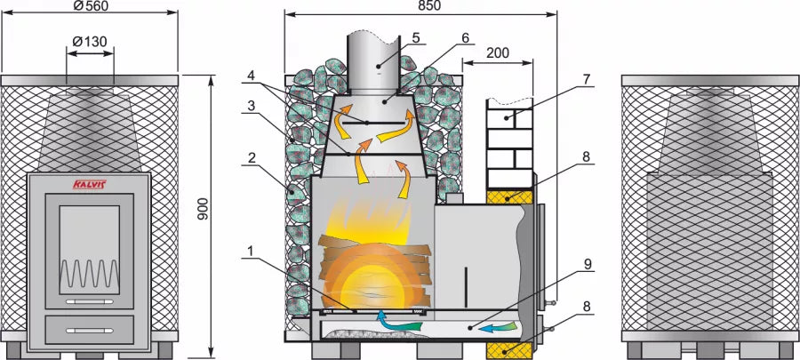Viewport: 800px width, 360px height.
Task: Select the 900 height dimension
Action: (x=204, y=208)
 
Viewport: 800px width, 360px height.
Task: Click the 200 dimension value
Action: (x=498, y=52)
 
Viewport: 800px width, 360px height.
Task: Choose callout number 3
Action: (x=252, y=105)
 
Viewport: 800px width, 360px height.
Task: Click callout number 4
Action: (x=252, y=76)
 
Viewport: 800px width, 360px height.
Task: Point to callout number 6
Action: (x=465, y=38)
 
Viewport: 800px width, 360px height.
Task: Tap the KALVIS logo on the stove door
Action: (x=86, y=185)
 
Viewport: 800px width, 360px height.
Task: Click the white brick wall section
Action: (x=508, y=142)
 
